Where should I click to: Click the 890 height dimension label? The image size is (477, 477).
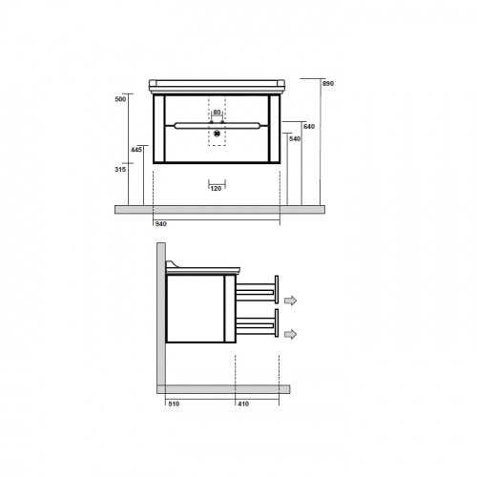(328, 84)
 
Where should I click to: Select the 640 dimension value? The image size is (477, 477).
(309, 127)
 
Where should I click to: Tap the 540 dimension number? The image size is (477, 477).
(295, 139)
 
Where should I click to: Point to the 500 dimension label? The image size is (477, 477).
(120, 99)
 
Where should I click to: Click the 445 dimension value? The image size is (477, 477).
(136, 150)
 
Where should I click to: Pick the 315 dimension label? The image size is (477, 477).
(120, 170)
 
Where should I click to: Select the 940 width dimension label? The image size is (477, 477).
(161, 224)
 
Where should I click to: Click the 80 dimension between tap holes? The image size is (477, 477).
(217, 113)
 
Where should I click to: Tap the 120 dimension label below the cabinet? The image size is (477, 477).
(216, 189)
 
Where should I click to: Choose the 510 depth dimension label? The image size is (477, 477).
(174, 404)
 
